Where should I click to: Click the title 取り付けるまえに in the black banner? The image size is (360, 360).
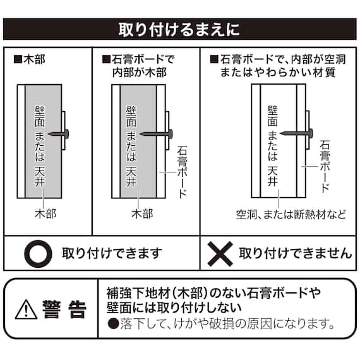[x=179, y=30]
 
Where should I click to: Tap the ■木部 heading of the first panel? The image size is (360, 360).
[x=29, y=61]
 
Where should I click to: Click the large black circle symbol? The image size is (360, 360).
[x=37, y=254]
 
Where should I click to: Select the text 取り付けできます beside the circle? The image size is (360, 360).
[x=112, y=254]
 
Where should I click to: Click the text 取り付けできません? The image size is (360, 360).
[x=295, y=254]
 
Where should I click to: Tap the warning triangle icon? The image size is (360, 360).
[x=27, y=309]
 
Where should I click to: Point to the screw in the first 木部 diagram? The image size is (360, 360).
[x=60, y=133]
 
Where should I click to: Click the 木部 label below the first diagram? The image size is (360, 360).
[x=45, y=214]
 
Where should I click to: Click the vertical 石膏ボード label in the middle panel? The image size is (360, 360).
[x=183, y=171]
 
